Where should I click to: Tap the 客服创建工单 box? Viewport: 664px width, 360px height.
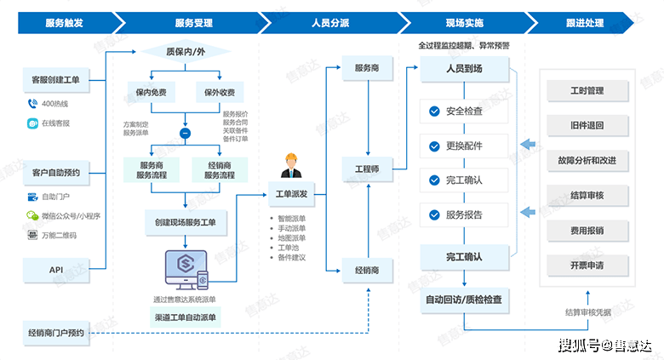pos(55,81)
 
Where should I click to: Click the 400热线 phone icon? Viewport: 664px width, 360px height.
pos(32,104)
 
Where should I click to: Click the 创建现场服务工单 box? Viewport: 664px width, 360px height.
pos(185,222)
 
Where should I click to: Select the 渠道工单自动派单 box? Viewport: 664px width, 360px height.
pos(185,318)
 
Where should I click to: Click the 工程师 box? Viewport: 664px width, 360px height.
pos(367,169)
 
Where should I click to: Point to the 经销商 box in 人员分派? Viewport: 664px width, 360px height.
pos(367,270)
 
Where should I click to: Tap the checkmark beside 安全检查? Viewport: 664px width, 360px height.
pos(434,111)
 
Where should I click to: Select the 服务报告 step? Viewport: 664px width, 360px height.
pos(464,214)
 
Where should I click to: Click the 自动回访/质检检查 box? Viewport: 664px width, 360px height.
pos(464,299)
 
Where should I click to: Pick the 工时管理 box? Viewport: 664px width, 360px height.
pos(587,90)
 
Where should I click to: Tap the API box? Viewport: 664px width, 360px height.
pos(55,270)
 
